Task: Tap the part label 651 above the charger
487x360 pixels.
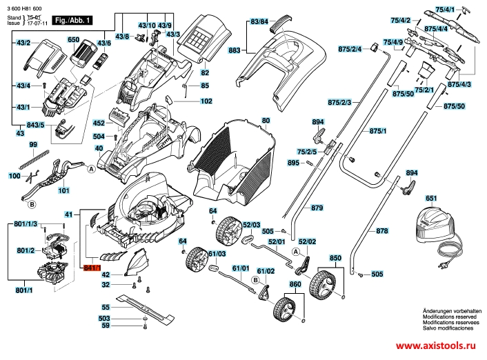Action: [x=431, y=199]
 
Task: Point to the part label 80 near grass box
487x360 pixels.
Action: [x=266, y=121]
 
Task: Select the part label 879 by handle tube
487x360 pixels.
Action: [x=317, y=207]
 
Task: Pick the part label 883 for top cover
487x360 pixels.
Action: [x=234, y=52]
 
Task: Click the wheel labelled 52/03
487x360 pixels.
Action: [x=226, y=226]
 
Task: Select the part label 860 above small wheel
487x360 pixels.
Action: [x=295, y=284]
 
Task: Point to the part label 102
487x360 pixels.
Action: [x=206, y=101]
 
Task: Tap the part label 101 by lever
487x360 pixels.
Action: [x=63, y=190]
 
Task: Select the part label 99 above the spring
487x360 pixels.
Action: [x=32, y=146]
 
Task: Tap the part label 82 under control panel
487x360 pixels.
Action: [x=204, y=72]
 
